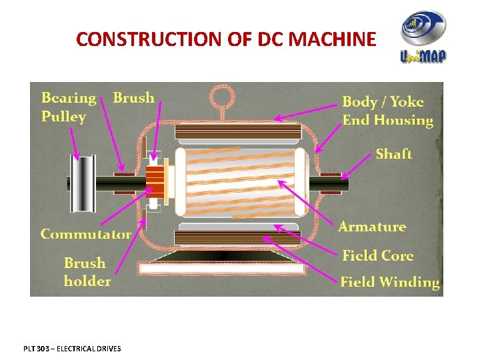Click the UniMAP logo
tap(423, 38)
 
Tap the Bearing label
tap(69, 98)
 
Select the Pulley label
tap(64, 117)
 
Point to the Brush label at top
tap(133, 98)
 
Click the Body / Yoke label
tap(383, 102)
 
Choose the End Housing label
tap(387, 121)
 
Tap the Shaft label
tap(393, 154)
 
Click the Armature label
tap(372, 227)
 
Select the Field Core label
tap(377, 255)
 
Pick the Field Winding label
tap(390, 282)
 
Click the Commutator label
tap(86, 234)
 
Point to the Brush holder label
tap(87, 272)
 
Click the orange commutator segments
tap(155, 181)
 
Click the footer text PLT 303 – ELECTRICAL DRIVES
tap(71, 348)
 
